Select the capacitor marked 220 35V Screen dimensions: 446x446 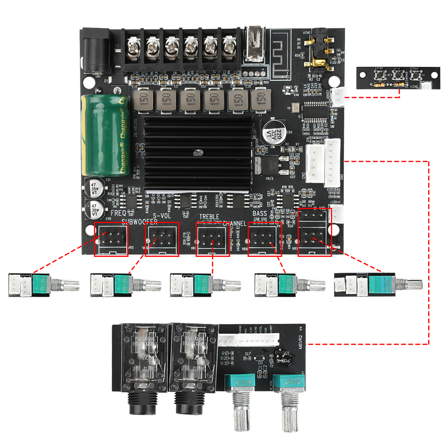click(272, 132)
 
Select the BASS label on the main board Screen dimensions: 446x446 click(260, 214)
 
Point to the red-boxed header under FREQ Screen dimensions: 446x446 click(111, 240)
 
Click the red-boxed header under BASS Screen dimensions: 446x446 click(264, 240)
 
